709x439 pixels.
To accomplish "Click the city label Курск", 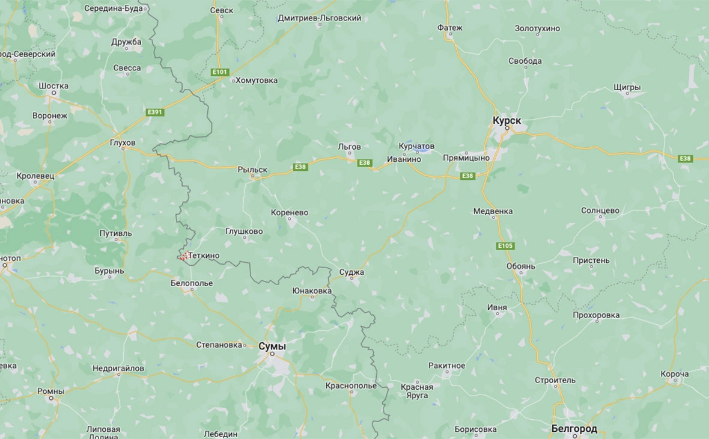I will (507, 121).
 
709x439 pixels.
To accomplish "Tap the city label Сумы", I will (272, 346).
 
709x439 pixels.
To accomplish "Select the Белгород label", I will (574, 428).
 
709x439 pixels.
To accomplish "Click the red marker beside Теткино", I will (183, 256).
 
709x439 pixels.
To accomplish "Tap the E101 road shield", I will (220, 72).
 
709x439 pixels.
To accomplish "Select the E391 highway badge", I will (154, 112).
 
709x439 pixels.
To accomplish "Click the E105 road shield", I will (505, 245).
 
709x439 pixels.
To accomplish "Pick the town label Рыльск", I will (252, 170).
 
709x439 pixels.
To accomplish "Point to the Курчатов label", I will (416, 147).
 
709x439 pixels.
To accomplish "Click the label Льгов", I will (349, 147).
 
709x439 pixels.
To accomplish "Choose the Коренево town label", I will (290, 212).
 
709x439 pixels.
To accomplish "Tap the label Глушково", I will (244, 231).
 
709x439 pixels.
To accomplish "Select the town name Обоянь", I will (520, 266).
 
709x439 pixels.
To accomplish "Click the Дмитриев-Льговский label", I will (319, 18).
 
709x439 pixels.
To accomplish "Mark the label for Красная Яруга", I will (417, 391).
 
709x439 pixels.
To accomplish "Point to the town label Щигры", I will (627, 87).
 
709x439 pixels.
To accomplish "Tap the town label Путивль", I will (115, 233).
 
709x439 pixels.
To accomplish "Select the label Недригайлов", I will (118, 367).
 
